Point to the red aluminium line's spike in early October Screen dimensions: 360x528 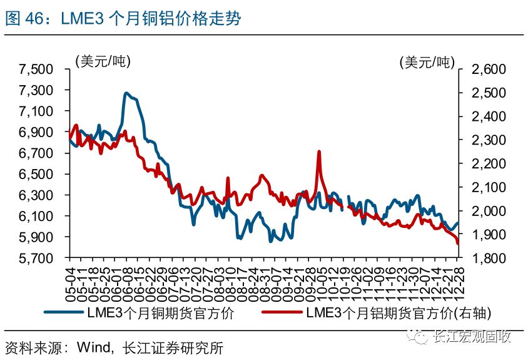pos(319,152)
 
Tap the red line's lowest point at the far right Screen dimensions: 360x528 pos(458,244)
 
